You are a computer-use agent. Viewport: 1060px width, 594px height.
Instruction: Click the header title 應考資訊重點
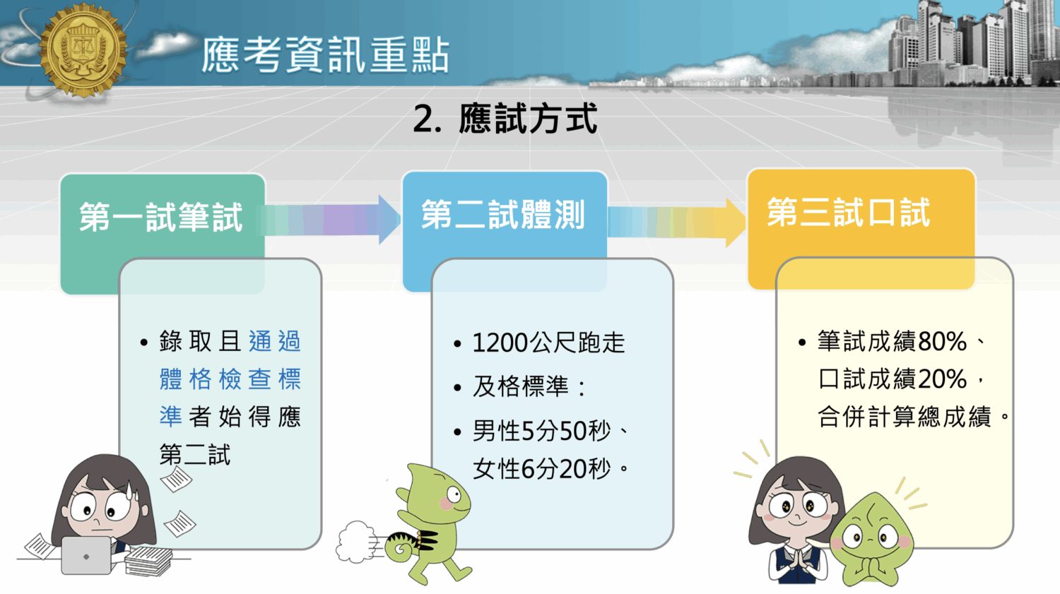pyautogui.click(x=325, y=55)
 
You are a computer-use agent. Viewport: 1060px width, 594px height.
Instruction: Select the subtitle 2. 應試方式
pyautogui.click(x=505, y=119)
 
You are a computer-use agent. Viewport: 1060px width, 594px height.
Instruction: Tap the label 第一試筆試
pyautogui.click(x=161, y=217)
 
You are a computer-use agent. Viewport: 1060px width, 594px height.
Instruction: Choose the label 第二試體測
pyautogui.click(x=503, y=215)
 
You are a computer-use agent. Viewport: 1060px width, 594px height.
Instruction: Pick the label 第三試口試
pyautogui.click(x=848, y=213)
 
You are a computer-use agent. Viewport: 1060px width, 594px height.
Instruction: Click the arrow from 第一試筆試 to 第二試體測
pyautogui.click(x=332, y=220)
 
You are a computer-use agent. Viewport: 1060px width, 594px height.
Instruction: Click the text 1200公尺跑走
pyautogui.click(x=548, y=343)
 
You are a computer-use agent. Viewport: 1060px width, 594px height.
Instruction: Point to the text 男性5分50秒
pyautogui.click(x=541, y=431)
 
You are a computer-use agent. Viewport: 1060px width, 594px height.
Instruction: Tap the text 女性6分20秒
pyautogui.click(x=541, y=468)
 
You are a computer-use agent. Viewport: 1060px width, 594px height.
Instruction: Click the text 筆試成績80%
pyautogui.click(x=892, y=342)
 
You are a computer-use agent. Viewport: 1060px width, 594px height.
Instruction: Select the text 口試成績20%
pyautogui.click(x=892, y=379)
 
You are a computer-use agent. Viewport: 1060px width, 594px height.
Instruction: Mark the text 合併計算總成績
pyautogui.click(x=905, y=417)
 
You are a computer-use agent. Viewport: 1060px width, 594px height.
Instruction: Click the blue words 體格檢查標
pyautogui.click(x=230, y=379)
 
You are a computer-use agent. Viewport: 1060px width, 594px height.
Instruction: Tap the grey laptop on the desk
pyautogui.click(x=86, y=555)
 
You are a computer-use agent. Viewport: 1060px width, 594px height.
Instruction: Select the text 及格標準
pyautogui.click(x=521, y=386)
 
